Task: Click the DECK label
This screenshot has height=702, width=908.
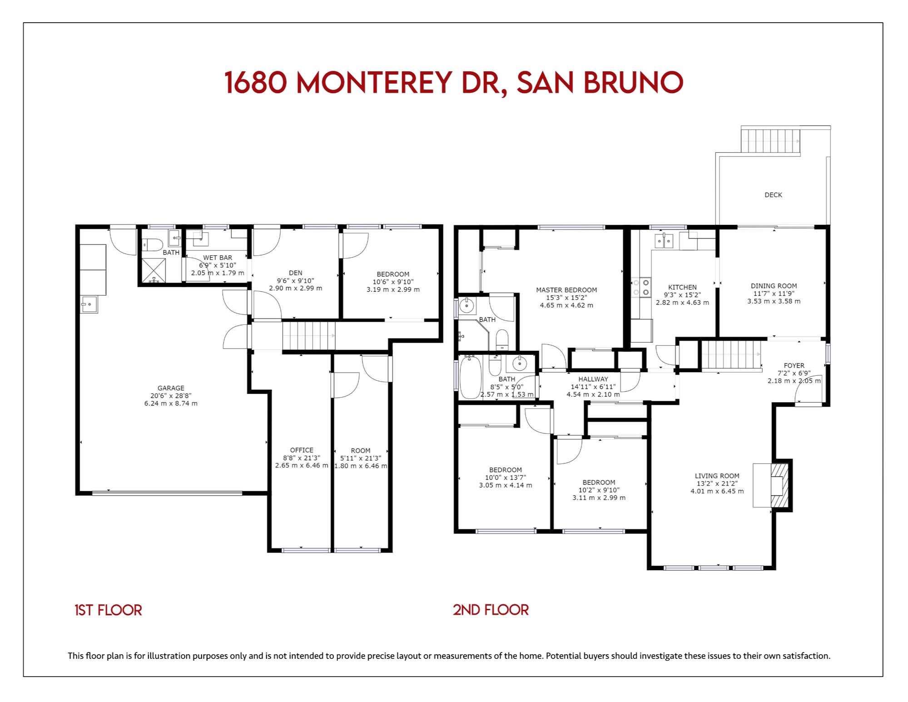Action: pyautogui.click(x=773, y=195)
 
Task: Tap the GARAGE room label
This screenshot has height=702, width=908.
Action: pyautogui.click(x=171, y=388)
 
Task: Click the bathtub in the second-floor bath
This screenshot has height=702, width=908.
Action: pyautogui.click(x=471, y=377)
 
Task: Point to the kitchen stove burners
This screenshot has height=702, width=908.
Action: pyautogui.click(x=641, y=288)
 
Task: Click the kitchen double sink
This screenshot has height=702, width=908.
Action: pyautogui.click(x=664, y=241)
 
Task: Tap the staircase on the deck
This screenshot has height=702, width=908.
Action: pyautogui.click(x=770, y=141)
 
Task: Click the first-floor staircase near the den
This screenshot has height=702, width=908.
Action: pyautogui.click(x=309, y=336)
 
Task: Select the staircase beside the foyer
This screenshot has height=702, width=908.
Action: pyautogui.click(x=731, y=355)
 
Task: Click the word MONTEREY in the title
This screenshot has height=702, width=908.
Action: pyautogui.click(x=374, y=83)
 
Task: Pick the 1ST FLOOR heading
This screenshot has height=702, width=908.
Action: pyautogui.click(x=108, y=610)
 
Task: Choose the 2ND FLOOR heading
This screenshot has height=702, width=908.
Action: pyautogui.click(x=491, y=610)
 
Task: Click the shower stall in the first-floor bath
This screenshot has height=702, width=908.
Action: pyautogui.click(x=154, y=270)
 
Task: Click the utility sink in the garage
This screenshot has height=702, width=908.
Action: pyautogui.click(x=89, y=304)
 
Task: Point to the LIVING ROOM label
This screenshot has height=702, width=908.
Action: pyautogui.click(x=717, y=476)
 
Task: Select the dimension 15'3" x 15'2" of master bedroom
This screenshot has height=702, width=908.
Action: pyautogui.click(x=566, y=298)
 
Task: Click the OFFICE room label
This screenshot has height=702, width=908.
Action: pyautogui.click(x=302, y=450)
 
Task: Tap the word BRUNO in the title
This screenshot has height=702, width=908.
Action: pyautogui.click(x=633, y=83)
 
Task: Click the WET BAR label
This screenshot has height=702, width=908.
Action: pyautogui.click(x=218, y=258)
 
